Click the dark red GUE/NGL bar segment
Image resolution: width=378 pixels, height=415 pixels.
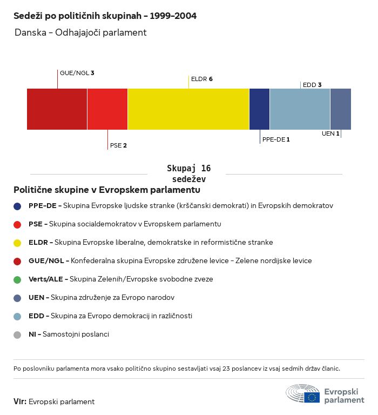click(x=57, y=109)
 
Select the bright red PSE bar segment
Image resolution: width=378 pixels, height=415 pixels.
click(x=107, y=109)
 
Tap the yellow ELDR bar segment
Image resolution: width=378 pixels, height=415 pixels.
click(x=188, y=109)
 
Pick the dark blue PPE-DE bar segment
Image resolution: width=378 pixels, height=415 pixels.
click(x=259, y=109)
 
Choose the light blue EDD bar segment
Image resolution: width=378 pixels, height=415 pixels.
click(x=300, y=109)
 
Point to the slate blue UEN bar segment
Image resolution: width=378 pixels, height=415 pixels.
click(x=340, y=109)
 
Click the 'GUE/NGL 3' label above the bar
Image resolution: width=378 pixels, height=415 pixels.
click(x=77, y=72)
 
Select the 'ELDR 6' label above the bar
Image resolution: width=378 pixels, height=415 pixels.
click(x=201, y=79)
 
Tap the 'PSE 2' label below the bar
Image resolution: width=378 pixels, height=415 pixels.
click(x=118, y=145)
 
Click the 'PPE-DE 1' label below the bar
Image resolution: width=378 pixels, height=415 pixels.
click(x=276, y=139)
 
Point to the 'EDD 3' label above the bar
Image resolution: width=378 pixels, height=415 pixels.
click(x=312, y=85)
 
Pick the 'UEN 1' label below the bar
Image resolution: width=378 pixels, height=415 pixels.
click(x=330, y=133)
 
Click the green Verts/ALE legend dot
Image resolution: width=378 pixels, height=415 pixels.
click(x=17, y=279)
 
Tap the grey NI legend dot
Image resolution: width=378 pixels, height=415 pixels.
click(x=17, y=334)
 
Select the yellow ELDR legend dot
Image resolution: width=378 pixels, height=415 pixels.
click(x=17, y=243)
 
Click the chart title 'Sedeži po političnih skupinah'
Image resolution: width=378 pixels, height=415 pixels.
click(x=105, y=16)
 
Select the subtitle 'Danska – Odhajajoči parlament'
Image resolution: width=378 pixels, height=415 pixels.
click(x=80, y=32)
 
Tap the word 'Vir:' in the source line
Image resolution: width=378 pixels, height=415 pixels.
click(x=20, y=401)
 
